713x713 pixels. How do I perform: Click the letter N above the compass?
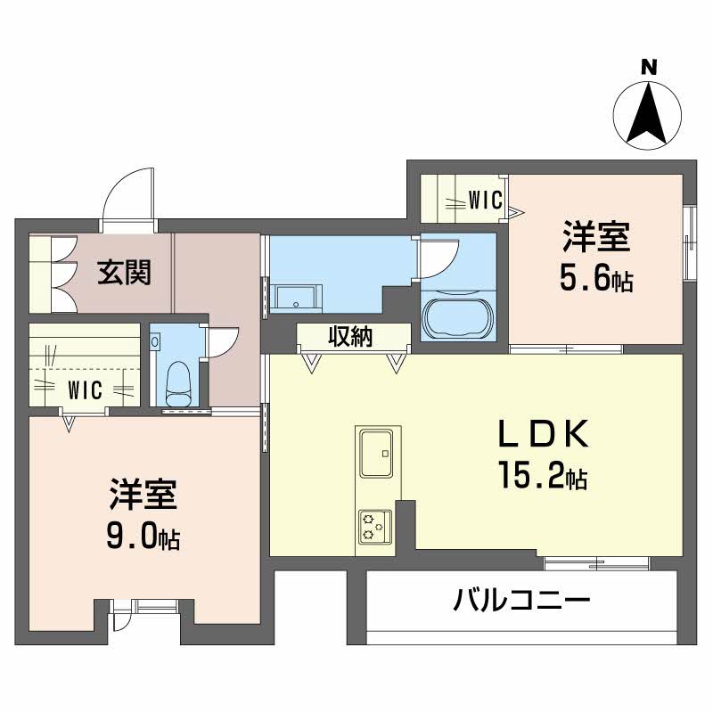(x=649, y=69)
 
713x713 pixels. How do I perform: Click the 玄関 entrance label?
(x=124, y=272)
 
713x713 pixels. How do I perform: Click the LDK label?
(x=543, y=433)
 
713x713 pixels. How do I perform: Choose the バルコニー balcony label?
(x=521, y=599)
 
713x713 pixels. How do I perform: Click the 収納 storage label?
(x=350, y=337)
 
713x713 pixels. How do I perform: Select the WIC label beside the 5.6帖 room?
(x=485, y=200)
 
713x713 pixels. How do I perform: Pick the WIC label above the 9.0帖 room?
(x=85, y=389)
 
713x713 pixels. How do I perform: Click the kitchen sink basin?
(x=376, y=453)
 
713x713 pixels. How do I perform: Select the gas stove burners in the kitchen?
(x=374, y=526)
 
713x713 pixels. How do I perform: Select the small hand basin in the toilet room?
(x=155, y=341)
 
